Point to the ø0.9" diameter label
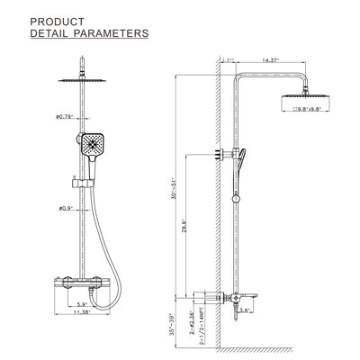[x=63, y=209]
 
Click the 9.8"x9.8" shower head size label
[x=312, y=111]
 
